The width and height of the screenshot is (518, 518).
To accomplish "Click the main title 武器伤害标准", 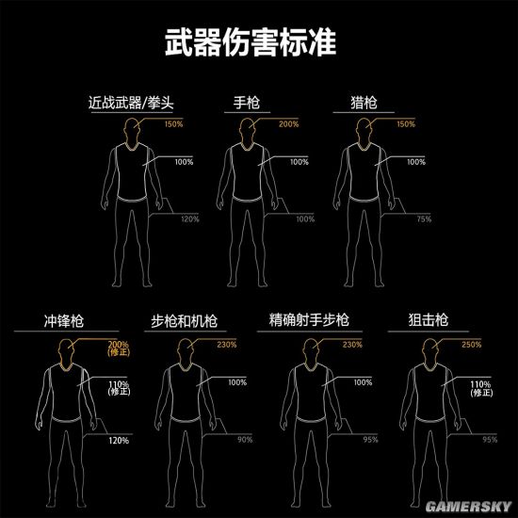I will coord(258,43).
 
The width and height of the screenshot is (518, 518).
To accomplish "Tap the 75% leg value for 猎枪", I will coord(424,219).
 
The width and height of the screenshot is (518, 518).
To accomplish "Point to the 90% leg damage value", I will coord(245,440).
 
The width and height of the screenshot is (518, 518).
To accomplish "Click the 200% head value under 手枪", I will coord(288,124).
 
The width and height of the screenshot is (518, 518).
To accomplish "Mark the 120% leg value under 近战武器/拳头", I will coord(189,219).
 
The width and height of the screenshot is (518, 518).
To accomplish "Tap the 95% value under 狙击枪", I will coord(490,440).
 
